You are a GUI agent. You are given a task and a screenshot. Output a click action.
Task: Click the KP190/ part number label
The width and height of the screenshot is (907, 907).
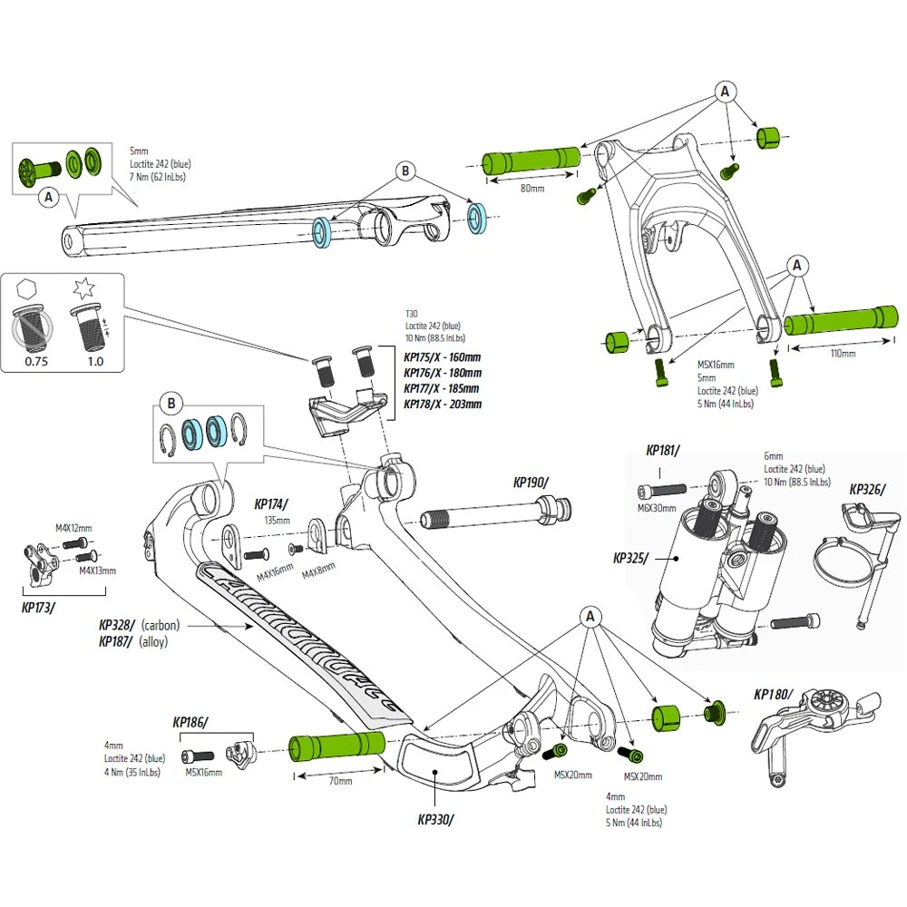click(531, 483)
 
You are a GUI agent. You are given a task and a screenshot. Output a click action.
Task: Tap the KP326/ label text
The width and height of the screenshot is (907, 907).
click(867, 490)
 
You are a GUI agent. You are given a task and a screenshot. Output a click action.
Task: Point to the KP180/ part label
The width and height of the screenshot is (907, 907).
click(773, 696)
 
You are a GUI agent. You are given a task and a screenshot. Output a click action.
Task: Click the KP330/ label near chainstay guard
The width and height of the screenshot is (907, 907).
click(435, 820)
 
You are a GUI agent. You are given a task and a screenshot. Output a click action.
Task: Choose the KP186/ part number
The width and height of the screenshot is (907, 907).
click(190, 723)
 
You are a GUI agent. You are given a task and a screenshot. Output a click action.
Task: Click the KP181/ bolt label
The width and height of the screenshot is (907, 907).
click(664, 450)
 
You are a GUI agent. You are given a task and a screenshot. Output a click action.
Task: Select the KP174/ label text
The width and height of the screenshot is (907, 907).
click(271, 504)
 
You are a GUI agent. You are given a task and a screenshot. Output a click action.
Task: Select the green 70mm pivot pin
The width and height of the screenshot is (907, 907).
click(336, 746)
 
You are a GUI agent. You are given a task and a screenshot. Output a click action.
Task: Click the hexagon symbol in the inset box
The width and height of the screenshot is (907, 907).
click(27, 292)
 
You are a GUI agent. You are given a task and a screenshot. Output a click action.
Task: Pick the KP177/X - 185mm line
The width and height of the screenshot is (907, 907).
click(443, 388)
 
